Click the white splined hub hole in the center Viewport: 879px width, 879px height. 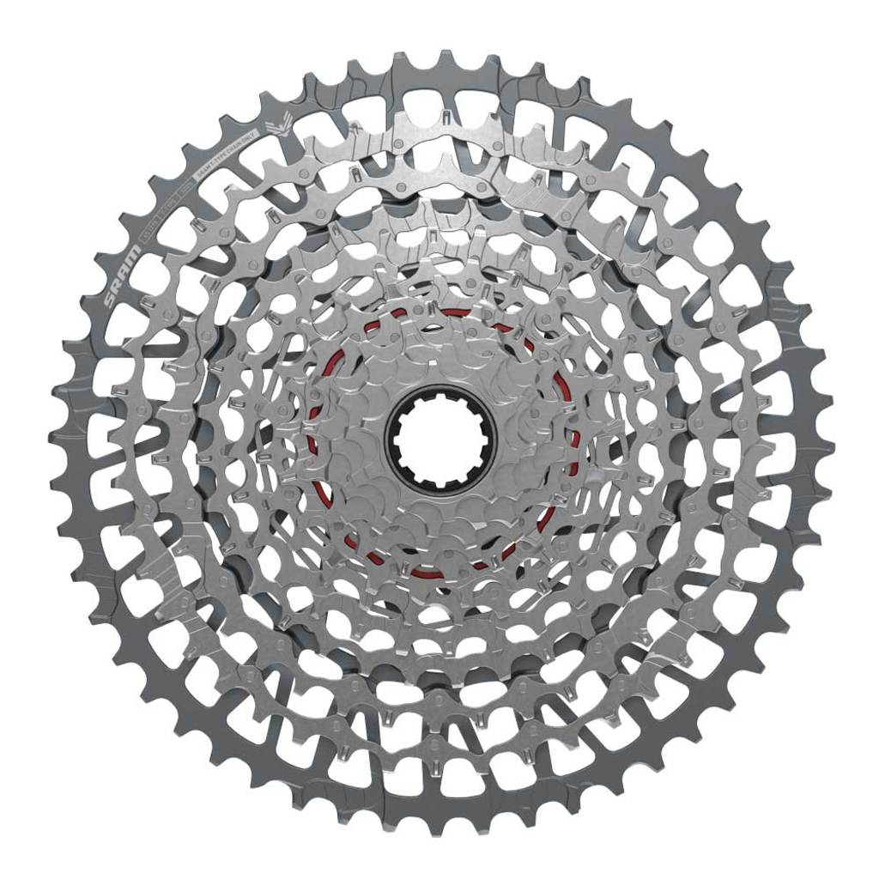pyautogui.click(x=440, y=439)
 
